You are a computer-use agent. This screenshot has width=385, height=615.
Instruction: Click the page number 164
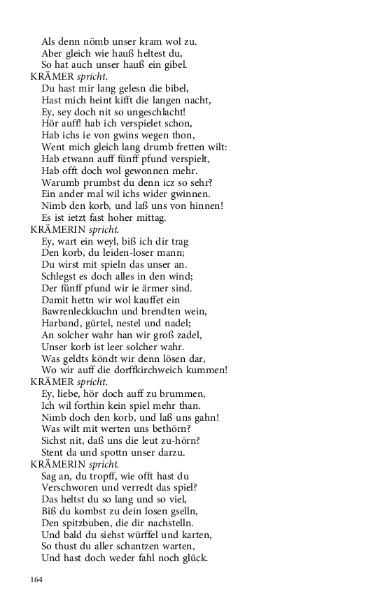pos(36,579)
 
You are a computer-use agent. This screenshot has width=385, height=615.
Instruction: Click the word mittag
pos(150,218)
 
